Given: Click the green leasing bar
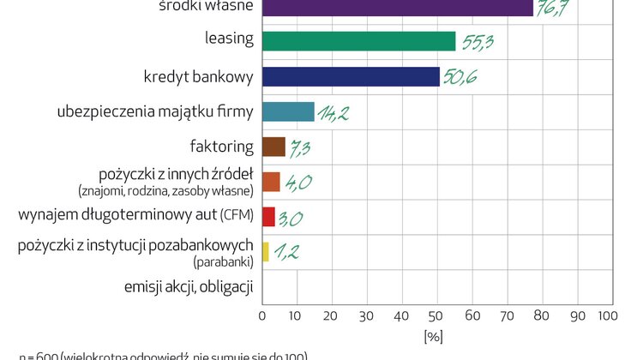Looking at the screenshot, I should pos(358,41).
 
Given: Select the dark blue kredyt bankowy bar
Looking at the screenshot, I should pos(351,76).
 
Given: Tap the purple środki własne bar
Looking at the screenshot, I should pos(397,8).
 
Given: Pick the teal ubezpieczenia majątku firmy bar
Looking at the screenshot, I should pos(288,111).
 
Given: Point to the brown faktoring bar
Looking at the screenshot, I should pos(273,147).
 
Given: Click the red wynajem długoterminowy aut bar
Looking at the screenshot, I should pos(268,216).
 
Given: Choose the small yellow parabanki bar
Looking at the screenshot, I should pos(266,251).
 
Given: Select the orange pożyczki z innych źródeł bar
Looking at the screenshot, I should pos(271,182).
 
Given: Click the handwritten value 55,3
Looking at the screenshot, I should pos(478,41).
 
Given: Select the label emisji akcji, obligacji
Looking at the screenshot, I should pos(189,286).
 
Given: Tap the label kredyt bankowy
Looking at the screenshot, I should pos(198,76).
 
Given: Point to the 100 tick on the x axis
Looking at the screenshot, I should pos(607,316).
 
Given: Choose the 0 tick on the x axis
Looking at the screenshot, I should pos(262,316).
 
